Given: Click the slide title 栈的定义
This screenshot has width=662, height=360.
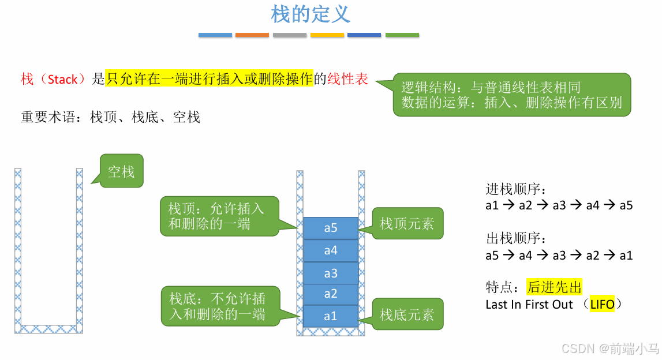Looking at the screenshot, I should [311, 14].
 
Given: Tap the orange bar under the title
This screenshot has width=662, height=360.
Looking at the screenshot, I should [252, 35].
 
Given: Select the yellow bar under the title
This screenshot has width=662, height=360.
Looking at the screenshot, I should [327, 35].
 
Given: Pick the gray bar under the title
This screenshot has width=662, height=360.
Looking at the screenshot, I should [290, 35].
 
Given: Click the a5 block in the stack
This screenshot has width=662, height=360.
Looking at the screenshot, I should [331, 228].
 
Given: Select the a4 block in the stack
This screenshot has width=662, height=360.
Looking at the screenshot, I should [331, 250].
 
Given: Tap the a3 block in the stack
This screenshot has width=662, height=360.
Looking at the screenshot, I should [331, 273].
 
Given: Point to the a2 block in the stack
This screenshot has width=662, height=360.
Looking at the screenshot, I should [331, 294].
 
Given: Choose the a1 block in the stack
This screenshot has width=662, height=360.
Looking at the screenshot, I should [331, 316].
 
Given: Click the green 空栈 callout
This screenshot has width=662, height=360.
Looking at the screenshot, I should [121, 171].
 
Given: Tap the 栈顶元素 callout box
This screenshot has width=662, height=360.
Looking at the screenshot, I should [407, 223].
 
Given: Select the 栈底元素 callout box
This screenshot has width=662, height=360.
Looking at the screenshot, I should [407, 314].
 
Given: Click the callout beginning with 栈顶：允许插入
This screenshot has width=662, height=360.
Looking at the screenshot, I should [219, 216].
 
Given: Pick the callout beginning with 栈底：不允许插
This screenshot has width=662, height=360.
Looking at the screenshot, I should [220, 306].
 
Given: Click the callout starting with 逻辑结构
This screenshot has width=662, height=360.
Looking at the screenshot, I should [512, 95].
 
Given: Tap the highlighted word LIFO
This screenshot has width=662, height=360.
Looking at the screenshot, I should [602, 305].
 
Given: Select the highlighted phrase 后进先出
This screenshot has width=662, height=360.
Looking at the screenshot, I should [555, 287].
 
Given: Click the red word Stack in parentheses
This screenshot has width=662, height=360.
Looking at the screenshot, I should [62, 80].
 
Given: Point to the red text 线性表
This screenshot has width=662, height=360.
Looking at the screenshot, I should [347, 79].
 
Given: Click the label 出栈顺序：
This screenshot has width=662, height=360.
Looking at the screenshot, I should [516, 238].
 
